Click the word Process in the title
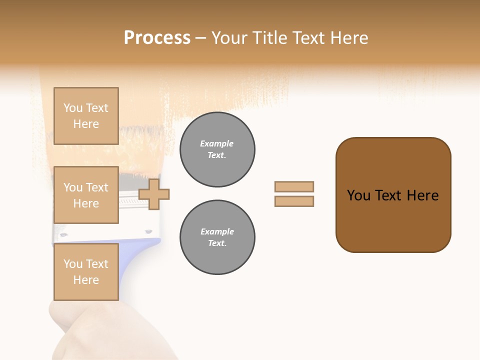click(x=157, y=38)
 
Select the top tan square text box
click(x=86, y=116)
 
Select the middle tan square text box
click(x=86, y=195)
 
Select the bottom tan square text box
click(x=86, y=272)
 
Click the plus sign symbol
click(x=154, y=194)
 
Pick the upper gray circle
click(x=217, y=149)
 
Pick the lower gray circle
click(x=217, y=237)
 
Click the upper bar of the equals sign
click(x=294, y=186)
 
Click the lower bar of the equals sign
click(x=294, y=201)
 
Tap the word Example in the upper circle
click(x=217, y=143)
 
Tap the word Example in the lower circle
click(x=217, y=231)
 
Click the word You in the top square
click(x=72, y=108)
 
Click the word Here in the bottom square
click(x=86, y=280)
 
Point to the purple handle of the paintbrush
click(x=135, y=260)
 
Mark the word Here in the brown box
click(x=422, y=195)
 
